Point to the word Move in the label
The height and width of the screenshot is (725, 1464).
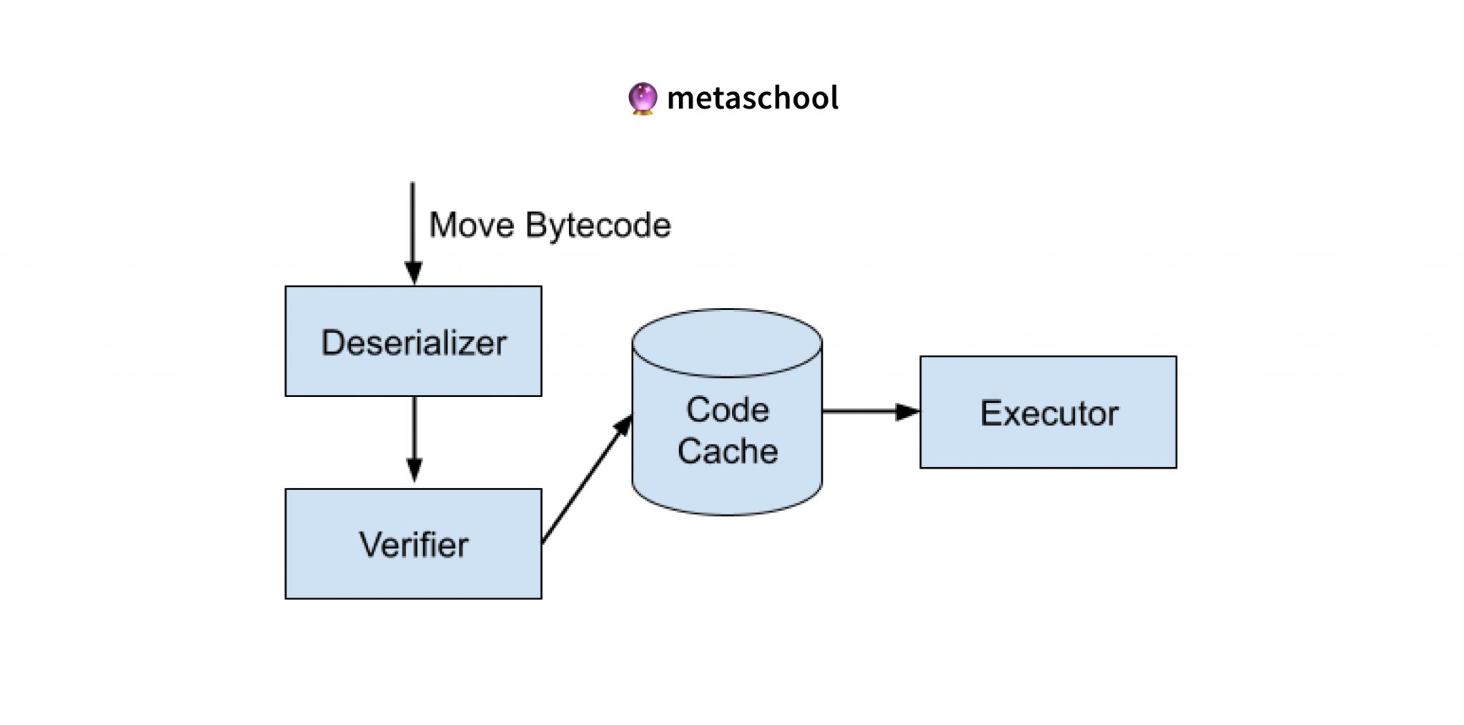[472, 225]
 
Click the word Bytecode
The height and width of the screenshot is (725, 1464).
[598, 226]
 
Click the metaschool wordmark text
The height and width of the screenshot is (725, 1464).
[752, 98]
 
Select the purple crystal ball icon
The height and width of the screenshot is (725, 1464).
[642, 98]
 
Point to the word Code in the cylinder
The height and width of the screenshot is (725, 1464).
[728, 410]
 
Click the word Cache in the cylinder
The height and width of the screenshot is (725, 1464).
[728, 451]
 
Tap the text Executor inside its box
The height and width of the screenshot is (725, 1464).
[1049, 414]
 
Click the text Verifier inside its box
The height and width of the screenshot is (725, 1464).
[413, 545]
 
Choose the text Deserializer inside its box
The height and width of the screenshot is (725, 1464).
[413, 343]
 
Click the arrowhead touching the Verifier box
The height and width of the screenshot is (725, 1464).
[414, 471]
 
